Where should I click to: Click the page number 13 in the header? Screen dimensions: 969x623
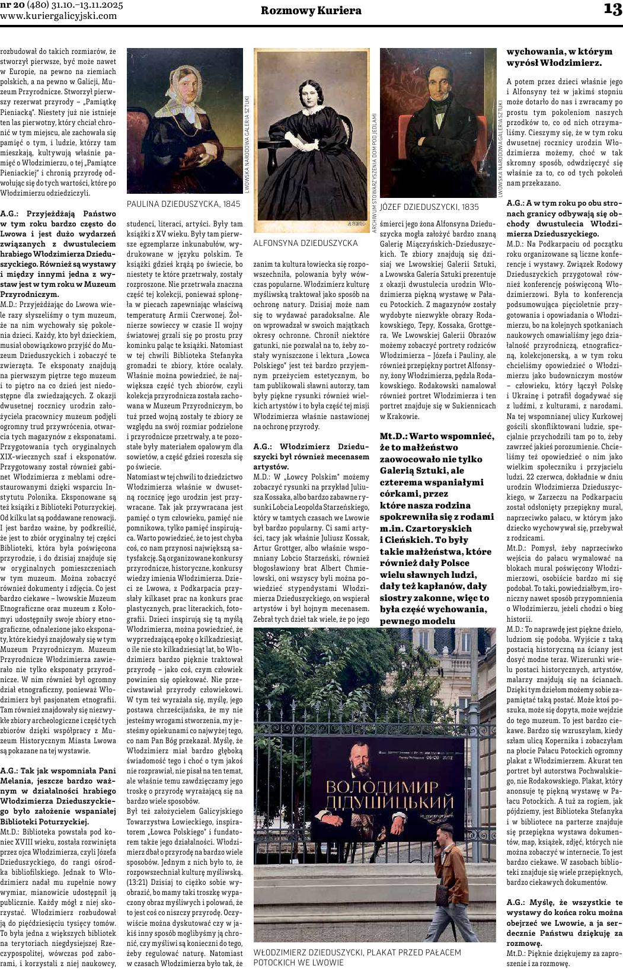(x=612, y=9)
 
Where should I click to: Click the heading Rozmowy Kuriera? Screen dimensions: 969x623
(x=311, y=11)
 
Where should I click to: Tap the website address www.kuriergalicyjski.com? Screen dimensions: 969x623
(x=59, y=16)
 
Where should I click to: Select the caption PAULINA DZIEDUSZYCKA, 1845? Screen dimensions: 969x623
(x=184, y=204)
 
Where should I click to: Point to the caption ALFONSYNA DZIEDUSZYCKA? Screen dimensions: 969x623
(x=305, y=243)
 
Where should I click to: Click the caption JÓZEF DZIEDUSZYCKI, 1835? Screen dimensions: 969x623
(x=429, y=207)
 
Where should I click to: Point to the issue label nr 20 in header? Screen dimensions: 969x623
(x=14, y=5)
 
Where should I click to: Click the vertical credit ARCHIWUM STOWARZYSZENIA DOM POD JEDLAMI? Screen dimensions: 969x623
(x=375, y=173)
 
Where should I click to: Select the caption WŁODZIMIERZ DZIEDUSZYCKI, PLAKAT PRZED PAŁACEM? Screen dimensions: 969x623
(x=357, y=952)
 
